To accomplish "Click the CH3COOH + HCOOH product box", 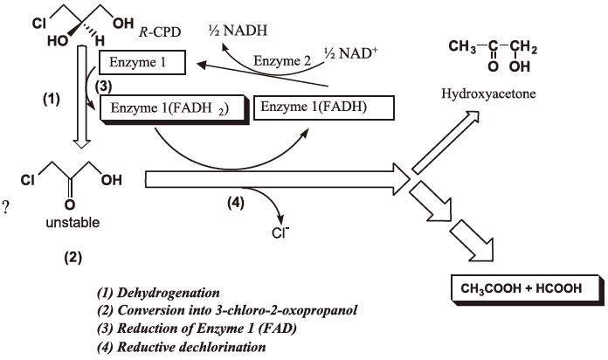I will click(x=522, y=287).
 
